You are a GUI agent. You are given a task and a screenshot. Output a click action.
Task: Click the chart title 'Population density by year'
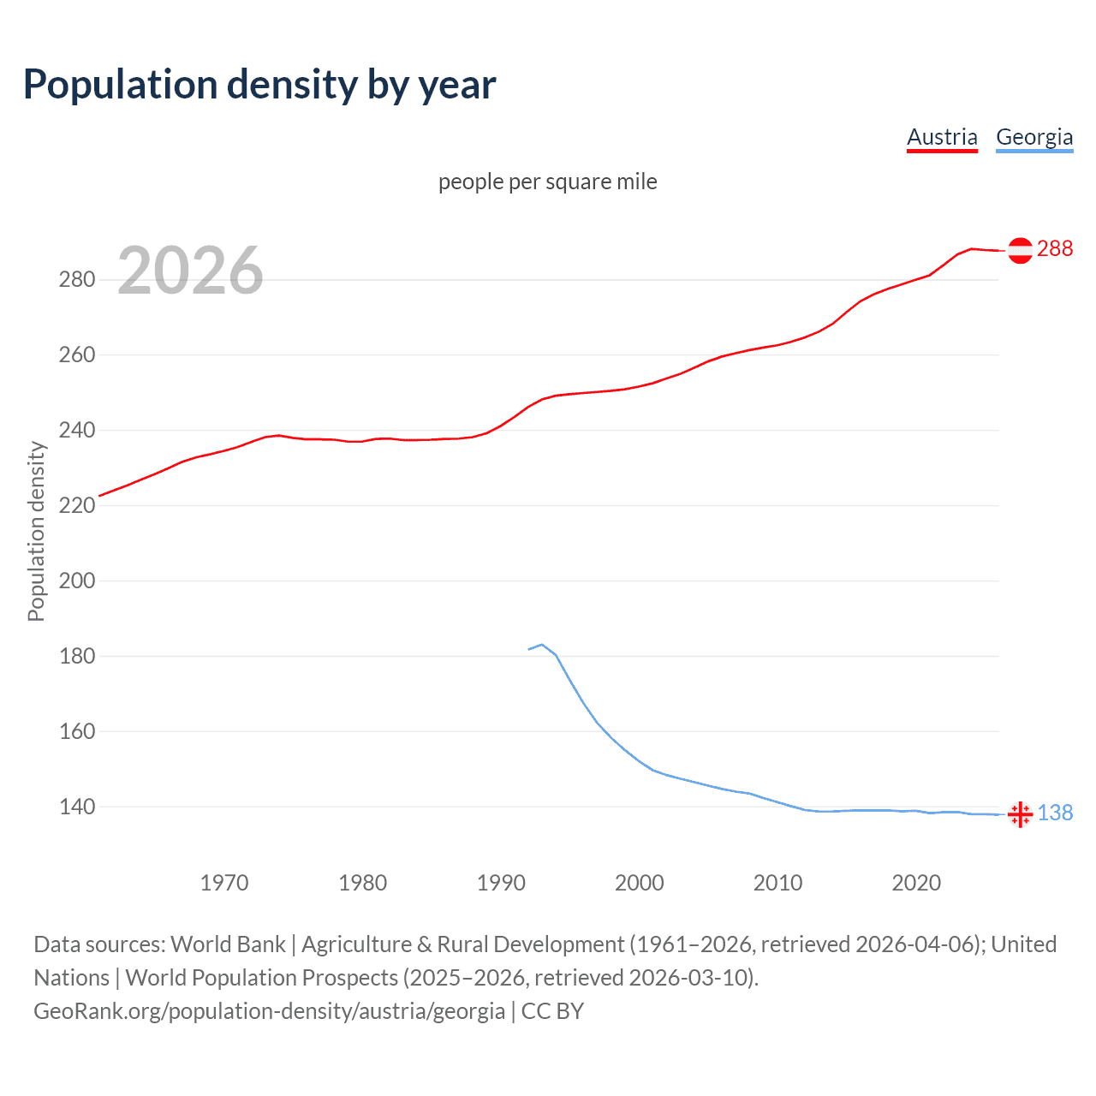(259, 85)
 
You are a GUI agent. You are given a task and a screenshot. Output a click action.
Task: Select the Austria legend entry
(942, 137)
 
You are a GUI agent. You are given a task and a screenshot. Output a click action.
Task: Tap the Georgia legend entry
(1034, 137)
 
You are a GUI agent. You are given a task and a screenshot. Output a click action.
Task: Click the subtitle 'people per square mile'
(548, 182)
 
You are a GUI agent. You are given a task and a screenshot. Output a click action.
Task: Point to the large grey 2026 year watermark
(190, 271)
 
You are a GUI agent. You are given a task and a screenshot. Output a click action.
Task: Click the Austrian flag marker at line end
(1020, 250)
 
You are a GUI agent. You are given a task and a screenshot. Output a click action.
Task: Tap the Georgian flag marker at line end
(1020, 813)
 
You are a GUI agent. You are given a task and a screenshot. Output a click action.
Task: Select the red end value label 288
(1055, 248)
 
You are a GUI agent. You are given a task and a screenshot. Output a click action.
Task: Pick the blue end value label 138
(1055, 813)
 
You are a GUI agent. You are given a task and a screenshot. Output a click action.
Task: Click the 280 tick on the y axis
(76, 279)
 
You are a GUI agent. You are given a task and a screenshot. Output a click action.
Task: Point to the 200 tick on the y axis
(76, 581)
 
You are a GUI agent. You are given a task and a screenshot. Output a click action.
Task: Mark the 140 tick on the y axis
(76, 807)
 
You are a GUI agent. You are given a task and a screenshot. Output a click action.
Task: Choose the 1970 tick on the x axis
(224, 882)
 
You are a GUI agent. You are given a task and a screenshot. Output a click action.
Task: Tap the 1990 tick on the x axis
(501, 882)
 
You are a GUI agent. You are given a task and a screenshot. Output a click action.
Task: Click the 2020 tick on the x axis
(916, 882)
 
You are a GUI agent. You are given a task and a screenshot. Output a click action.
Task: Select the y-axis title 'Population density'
(36, 531)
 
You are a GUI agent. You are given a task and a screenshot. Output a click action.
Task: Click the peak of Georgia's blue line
(542, 644)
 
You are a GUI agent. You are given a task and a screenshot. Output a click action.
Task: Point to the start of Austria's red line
(100, 496)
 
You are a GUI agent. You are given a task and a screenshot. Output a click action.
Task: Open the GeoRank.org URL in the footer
(269, 1011)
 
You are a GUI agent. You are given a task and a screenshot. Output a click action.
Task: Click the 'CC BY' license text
(552, 1011)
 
